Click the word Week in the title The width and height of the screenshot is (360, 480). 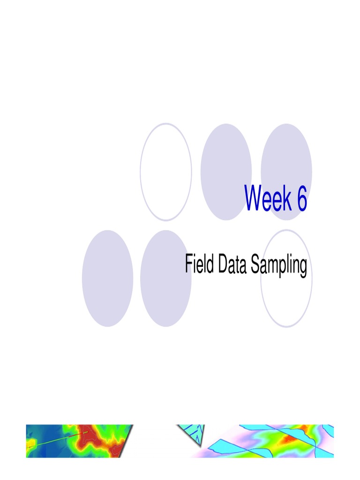click(x=268, y=198)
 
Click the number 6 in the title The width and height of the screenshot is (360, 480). click(x=301, y=198)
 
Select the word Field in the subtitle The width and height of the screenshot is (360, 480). click(x=199, y=263)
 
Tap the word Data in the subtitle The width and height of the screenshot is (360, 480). click(x=232, y=263)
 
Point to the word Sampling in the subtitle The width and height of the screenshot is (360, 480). click(x=279, y=265)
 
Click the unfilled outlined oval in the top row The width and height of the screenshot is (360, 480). click(x=141, y=172)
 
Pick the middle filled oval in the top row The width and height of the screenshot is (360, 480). click(x=226, y=172)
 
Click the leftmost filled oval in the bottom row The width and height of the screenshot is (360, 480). click(x=107, y=278)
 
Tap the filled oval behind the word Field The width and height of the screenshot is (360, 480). click(x=165, y=278)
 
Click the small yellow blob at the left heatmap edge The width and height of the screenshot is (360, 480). click(x=31, y=442)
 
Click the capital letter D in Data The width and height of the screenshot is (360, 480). click(x=224, y=263)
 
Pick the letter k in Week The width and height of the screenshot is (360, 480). click(x=286, y=198)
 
